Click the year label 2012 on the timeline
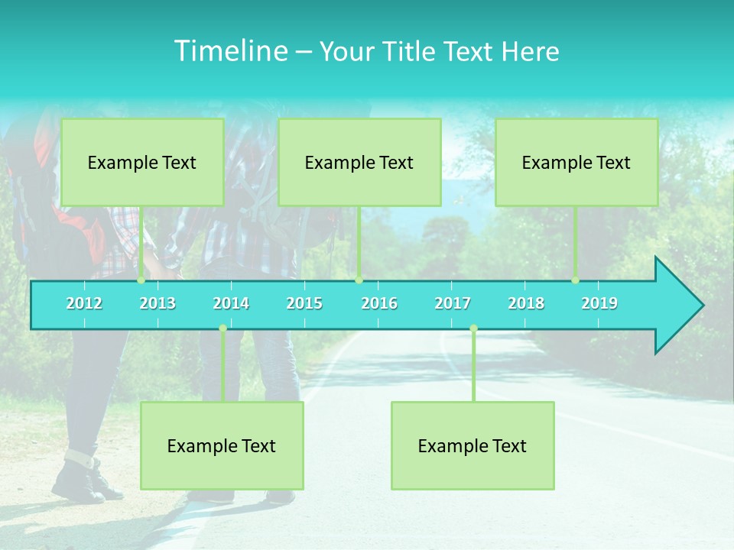click(x=84, y=303)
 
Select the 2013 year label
click(x=158, y=303)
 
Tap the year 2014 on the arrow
click(x=231, y=303)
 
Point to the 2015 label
click(x=304, y=303)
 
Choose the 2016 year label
click(x=379, y=303)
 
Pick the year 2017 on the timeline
click(x=453, y=303)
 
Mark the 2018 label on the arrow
click(x=526, y=303)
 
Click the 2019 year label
click(x=599, y=303)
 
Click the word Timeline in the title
click(x=229, y=51)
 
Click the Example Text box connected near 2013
click(x=142, y=162)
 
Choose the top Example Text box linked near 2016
click(x=359, y=162)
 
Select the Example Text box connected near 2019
click(x=576, y=162)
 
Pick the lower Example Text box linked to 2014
click(x=222, y=445)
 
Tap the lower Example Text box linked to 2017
click(x=473, y=445)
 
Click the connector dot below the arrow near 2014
click(x=222, y=328)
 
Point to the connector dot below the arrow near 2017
click(x=473, y=328)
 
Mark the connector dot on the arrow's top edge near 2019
click(x=576, y=280)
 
